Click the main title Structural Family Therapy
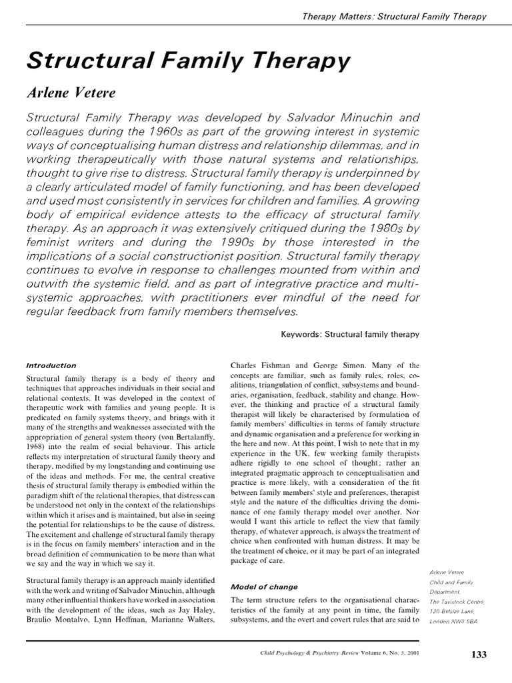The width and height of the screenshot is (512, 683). [x=188, y=61]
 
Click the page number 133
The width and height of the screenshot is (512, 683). [x=479, y=654]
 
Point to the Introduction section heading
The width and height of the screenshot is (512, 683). [x=51, y=366]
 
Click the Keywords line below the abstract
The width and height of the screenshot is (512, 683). [x=350, y=334]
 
